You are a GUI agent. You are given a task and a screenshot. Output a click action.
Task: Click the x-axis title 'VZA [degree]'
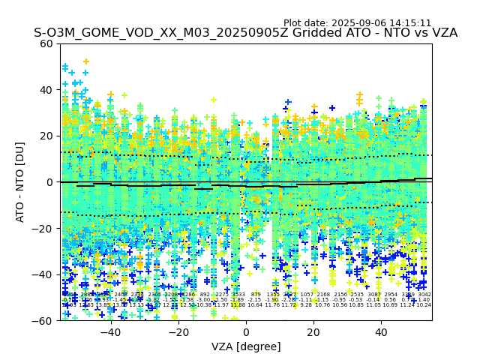246,346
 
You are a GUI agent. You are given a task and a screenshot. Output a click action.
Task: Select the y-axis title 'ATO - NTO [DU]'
21,181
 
